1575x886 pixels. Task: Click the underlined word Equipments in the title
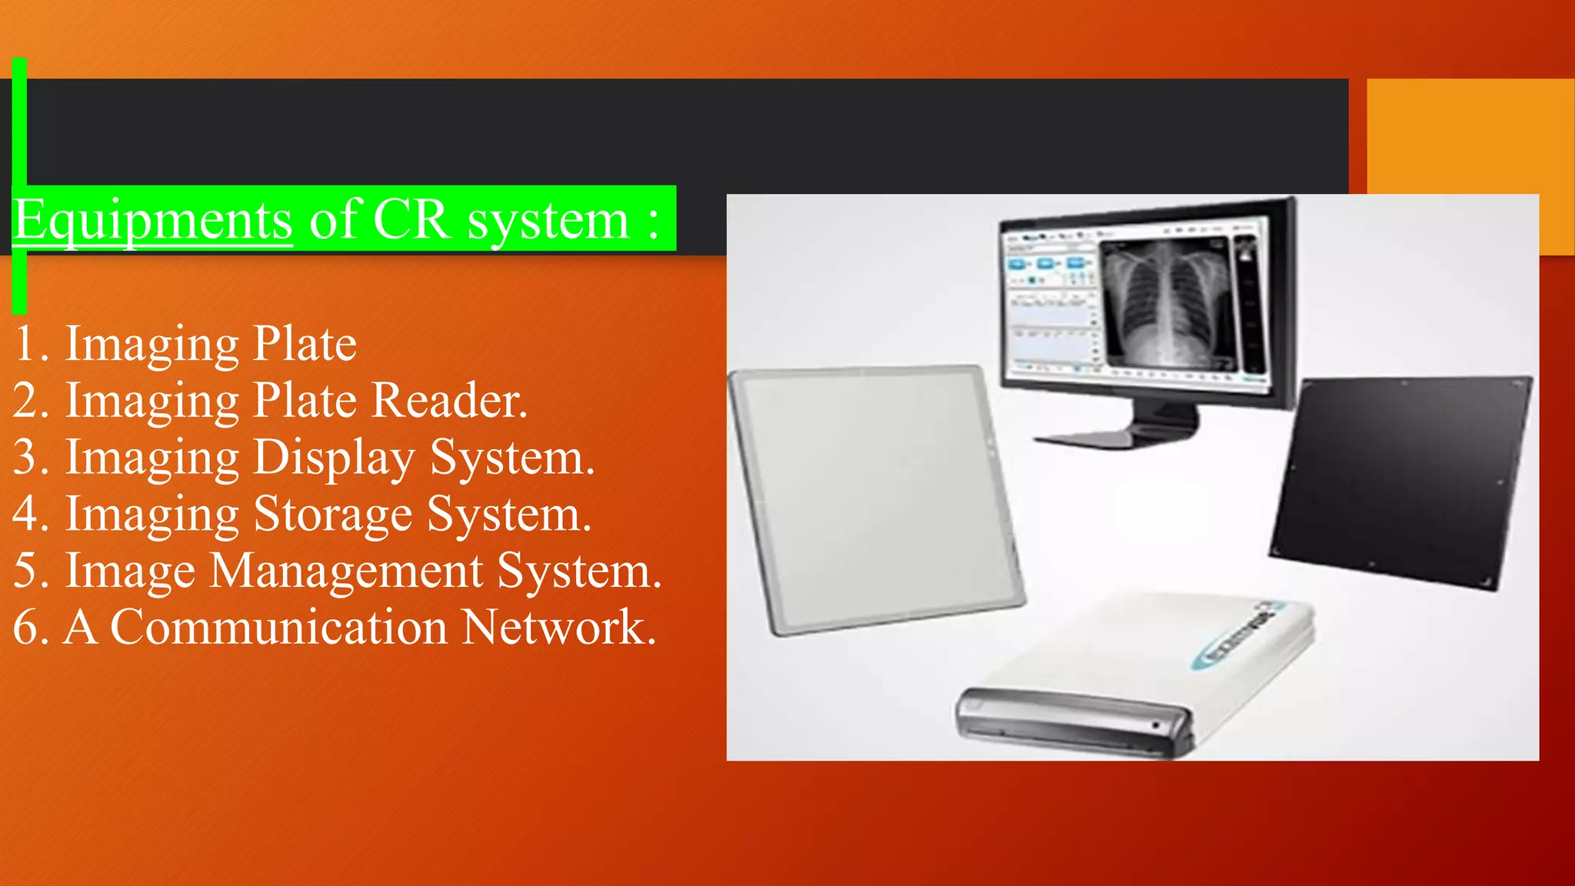pos(152,221)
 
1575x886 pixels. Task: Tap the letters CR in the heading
pos(411,221)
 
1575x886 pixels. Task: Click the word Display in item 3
pos(334,458)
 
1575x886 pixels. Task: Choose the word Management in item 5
pos(346,571)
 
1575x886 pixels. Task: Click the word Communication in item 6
pos(278,628)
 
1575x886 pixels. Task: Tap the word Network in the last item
pos(558,628)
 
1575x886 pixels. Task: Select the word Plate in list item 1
pos(305,344)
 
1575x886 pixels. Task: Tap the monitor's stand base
pos(1115,437)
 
